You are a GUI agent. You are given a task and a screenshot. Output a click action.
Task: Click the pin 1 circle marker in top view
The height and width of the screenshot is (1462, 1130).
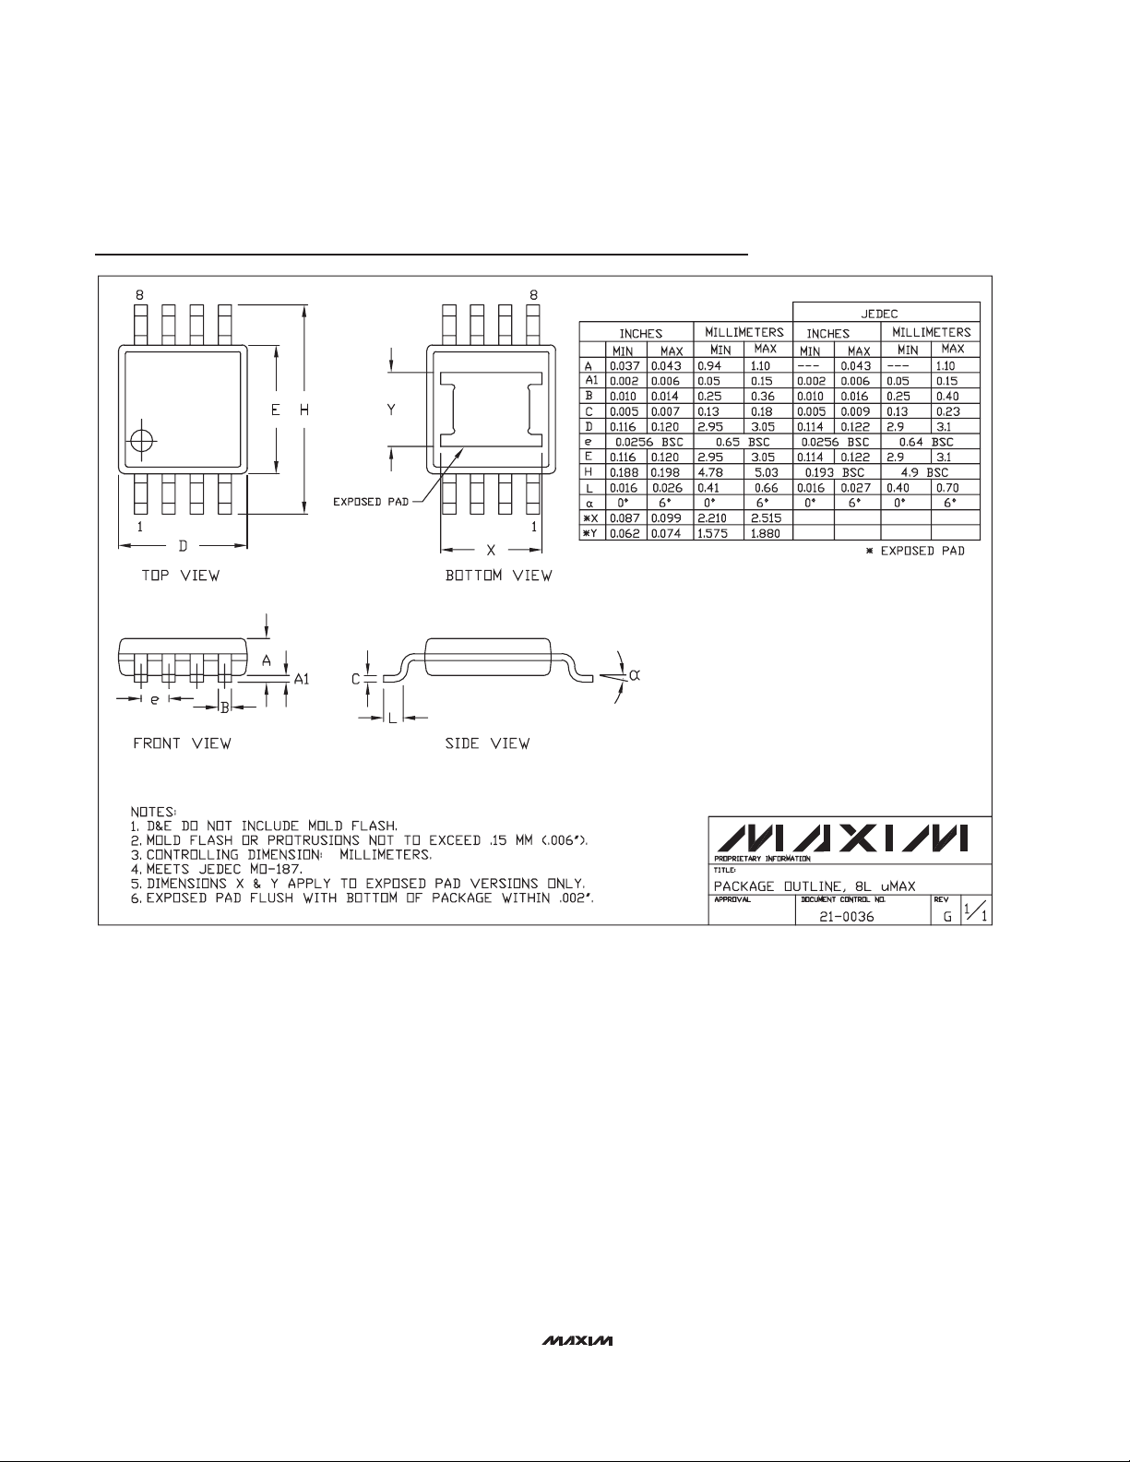[x=142, y=441]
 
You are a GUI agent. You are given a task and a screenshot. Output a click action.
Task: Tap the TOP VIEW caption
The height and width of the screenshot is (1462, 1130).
[x=180, y=576]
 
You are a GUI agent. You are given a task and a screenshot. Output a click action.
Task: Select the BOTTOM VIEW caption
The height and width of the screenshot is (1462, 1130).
[x=498, y=576]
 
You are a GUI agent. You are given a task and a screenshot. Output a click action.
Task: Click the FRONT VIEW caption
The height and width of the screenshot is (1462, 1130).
[x=182, y=743]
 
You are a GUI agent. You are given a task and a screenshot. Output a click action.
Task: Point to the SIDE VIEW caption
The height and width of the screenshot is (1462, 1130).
[x=487, y=743]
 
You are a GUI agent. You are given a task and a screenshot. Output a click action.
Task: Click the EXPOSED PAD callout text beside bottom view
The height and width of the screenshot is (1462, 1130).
[x=371, y=501]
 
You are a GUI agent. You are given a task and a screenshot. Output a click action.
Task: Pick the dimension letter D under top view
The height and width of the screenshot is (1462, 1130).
[x=183, y=546]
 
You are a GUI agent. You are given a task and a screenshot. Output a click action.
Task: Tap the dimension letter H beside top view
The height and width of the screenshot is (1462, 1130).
[x=304, y=409]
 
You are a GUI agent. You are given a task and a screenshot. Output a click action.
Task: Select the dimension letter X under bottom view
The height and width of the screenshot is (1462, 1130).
[x=491, y=551]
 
